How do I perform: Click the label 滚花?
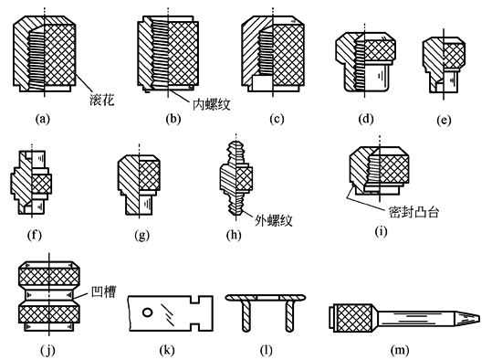coord(101,100)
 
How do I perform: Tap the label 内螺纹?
coord(212,104)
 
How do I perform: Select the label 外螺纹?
coord(273,220)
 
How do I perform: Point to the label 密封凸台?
coord(413,212)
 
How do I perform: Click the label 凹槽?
coord(103,291)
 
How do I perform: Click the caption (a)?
coord(43,119)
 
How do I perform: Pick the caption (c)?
coord(277,119)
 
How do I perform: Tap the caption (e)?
coord(444,121)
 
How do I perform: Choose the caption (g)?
coord(141,235)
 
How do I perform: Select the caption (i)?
coord(381,231)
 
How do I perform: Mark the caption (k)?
coord(167,350)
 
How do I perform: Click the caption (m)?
coord(400,350)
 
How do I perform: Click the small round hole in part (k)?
coord(147,312)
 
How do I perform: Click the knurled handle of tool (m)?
coord(353,318)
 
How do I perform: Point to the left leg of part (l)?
coord(246,315)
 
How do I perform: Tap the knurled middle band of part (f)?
coord(41,184)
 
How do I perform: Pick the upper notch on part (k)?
coord(195,300)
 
